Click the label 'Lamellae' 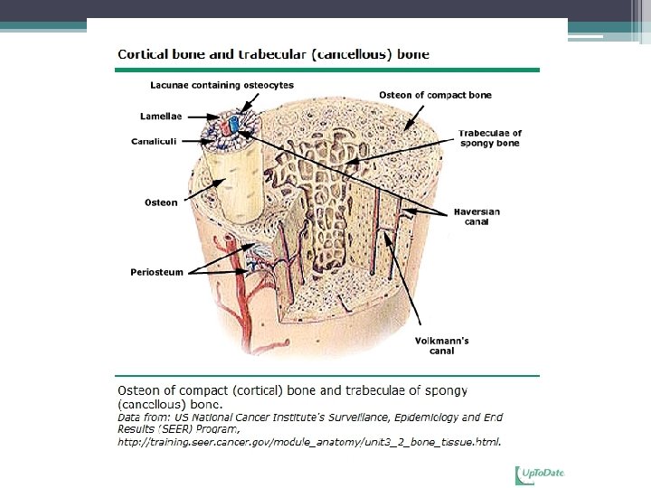pos(161,117)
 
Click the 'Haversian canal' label pos(476,216)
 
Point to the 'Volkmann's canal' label pos(441,345)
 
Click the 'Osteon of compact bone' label pos(435,95)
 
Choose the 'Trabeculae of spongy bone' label pos(490,138)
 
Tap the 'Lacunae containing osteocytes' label pos(222,85)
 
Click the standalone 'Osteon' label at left pos(162,202)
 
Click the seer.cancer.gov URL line pos(309,442)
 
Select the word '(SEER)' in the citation pos(176,429)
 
